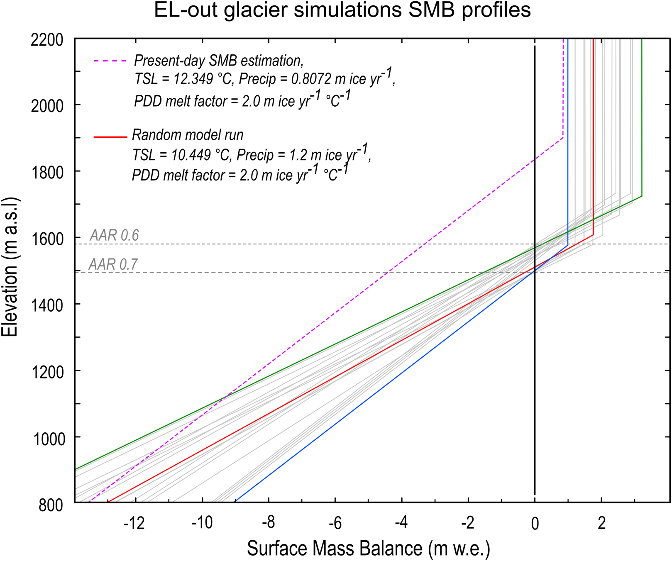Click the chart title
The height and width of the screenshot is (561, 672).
(342, 10)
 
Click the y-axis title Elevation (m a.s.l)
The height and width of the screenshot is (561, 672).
(10, 267)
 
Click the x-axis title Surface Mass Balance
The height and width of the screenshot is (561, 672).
(368, 548)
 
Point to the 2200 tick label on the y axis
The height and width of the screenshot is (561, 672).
(47, 40)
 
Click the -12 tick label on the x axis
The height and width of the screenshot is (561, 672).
(134, 524)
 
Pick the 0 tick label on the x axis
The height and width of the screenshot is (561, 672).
(535, 524)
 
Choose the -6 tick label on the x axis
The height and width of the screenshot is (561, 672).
(335, 524)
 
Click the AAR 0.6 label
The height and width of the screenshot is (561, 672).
(114, 235)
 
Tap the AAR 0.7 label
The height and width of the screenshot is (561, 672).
(113, 264)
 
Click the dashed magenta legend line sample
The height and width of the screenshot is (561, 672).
(110, 61)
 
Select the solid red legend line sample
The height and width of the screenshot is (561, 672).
(110, 137)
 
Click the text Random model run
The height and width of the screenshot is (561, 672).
(187, 135)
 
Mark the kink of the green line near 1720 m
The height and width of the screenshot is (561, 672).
(642, 196)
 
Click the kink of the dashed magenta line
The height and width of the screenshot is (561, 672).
(563, 137)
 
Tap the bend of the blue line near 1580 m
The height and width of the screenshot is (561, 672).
(568, 245)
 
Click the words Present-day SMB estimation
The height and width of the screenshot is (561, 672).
(219, 61)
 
